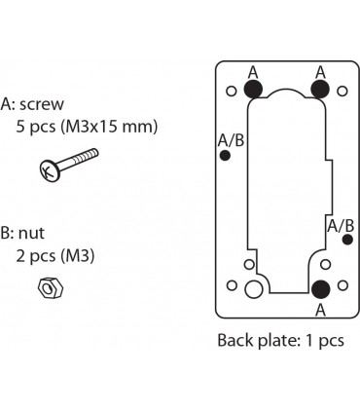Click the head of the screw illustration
[x=50, y=170]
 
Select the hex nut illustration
[x=51, y=287]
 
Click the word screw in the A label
[x=42, y=104]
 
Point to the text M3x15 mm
[x=109, y=127]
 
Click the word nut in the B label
[x=31, y=233]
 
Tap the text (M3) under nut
[x=78, y=256]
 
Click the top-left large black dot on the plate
[x=253, y=89]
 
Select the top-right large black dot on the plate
[x=320, y=89]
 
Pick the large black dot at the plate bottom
[x=320, y=289]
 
